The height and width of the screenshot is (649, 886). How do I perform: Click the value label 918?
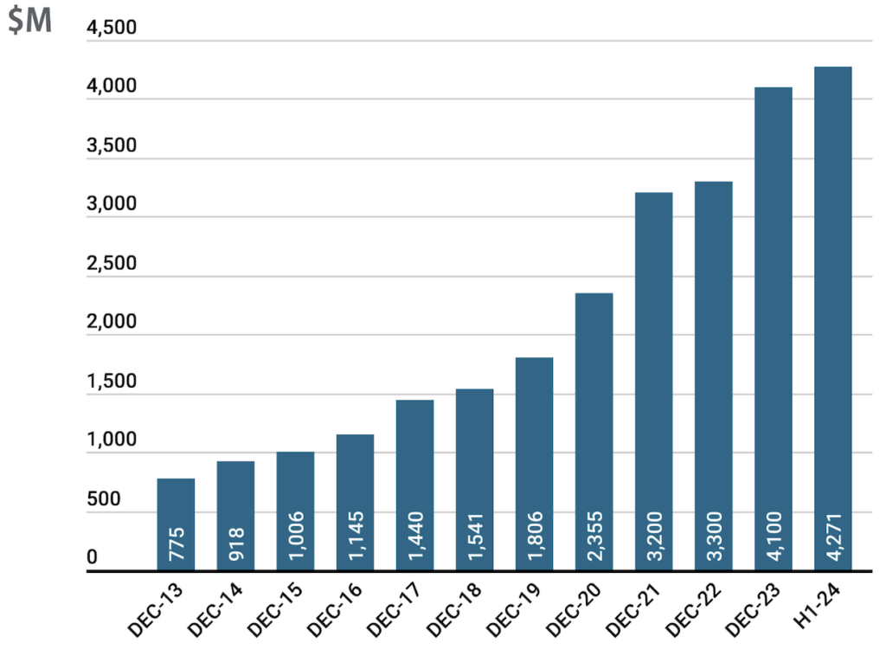[236, 545]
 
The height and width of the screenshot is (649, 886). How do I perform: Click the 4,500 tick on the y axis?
[112, 29]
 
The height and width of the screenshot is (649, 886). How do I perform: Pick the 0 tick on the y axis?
[92, 558]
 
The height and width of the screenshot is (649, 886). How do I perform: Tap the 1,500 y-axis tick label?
[112, 382]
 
